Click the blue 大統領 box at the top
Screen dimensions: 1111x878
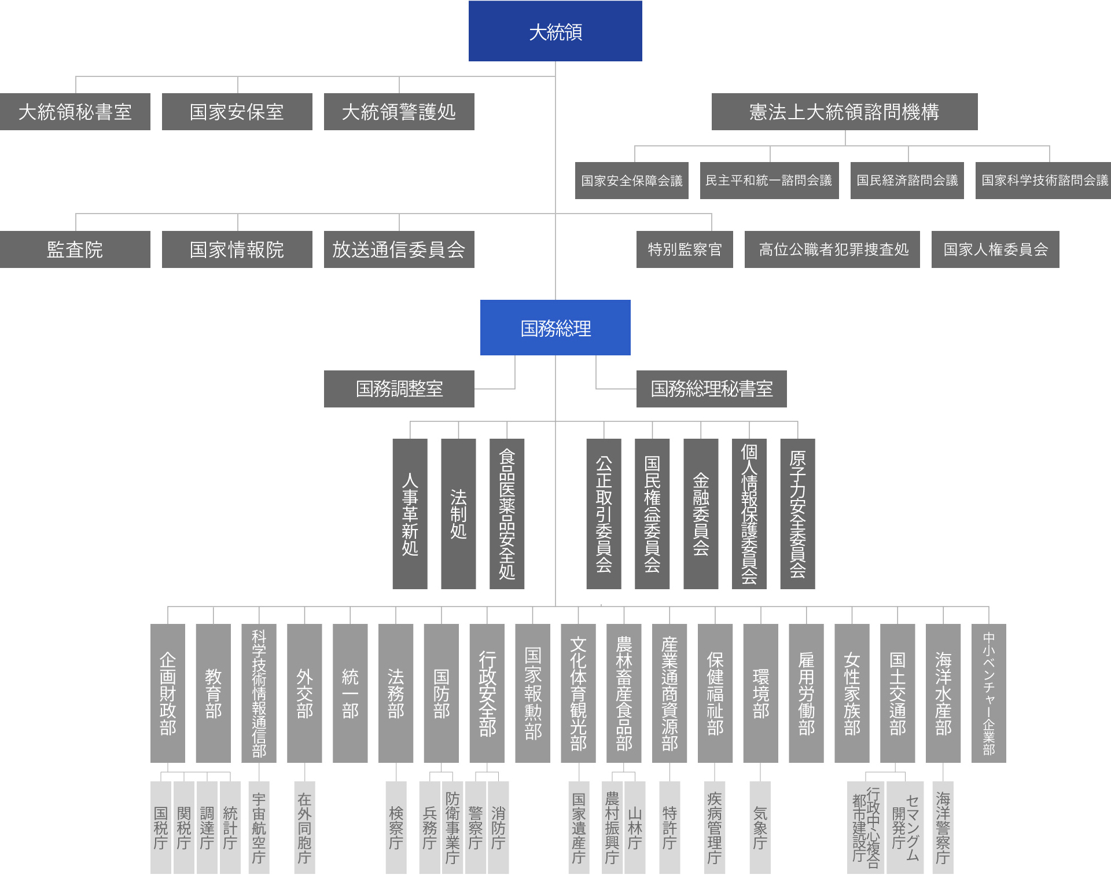click(555, 31)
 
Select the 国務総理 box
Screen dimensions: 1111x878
click(555, 328)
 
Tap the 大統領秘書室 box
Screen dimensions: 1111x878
click(75, 112)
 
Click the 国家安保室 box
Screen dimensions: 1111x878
click(237, 112)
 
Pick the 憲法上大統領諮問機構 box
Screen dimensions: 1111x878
click(845, 112)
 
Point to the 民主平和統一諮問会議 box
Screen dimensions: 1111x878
click(770, 181)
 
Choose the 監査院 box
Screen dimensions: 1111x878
click(75, 249)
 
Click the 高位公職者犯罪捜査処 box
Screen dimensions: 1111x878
click(832, 249)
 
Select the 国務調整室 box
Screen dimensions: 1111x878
click(399, 389)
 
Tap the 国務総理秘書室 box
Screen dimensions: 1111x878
click(712, 389)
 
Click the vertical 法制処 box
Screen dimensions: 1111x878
click(458, 514)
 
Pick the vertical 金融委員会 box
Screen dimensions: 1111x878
click(701, 514)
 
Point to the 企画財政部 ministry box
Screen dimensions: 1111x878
click(168, 693)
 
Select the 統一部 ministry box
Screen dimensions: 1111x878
click(350, 693)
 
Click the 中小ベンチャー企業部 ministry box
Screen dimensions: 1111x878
click(989, 693)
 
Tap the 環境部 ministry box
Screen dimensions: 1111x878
click(761, 693)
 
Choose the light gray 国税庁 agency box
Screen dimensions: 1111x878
click(161, 828)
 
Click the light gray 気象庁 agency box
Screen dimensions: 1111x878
click(760, 828)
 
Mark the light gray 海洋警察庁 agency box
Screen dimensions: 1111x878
click(943, 828)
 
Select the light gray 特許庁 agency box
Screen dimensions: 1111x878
click(669, 828)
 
